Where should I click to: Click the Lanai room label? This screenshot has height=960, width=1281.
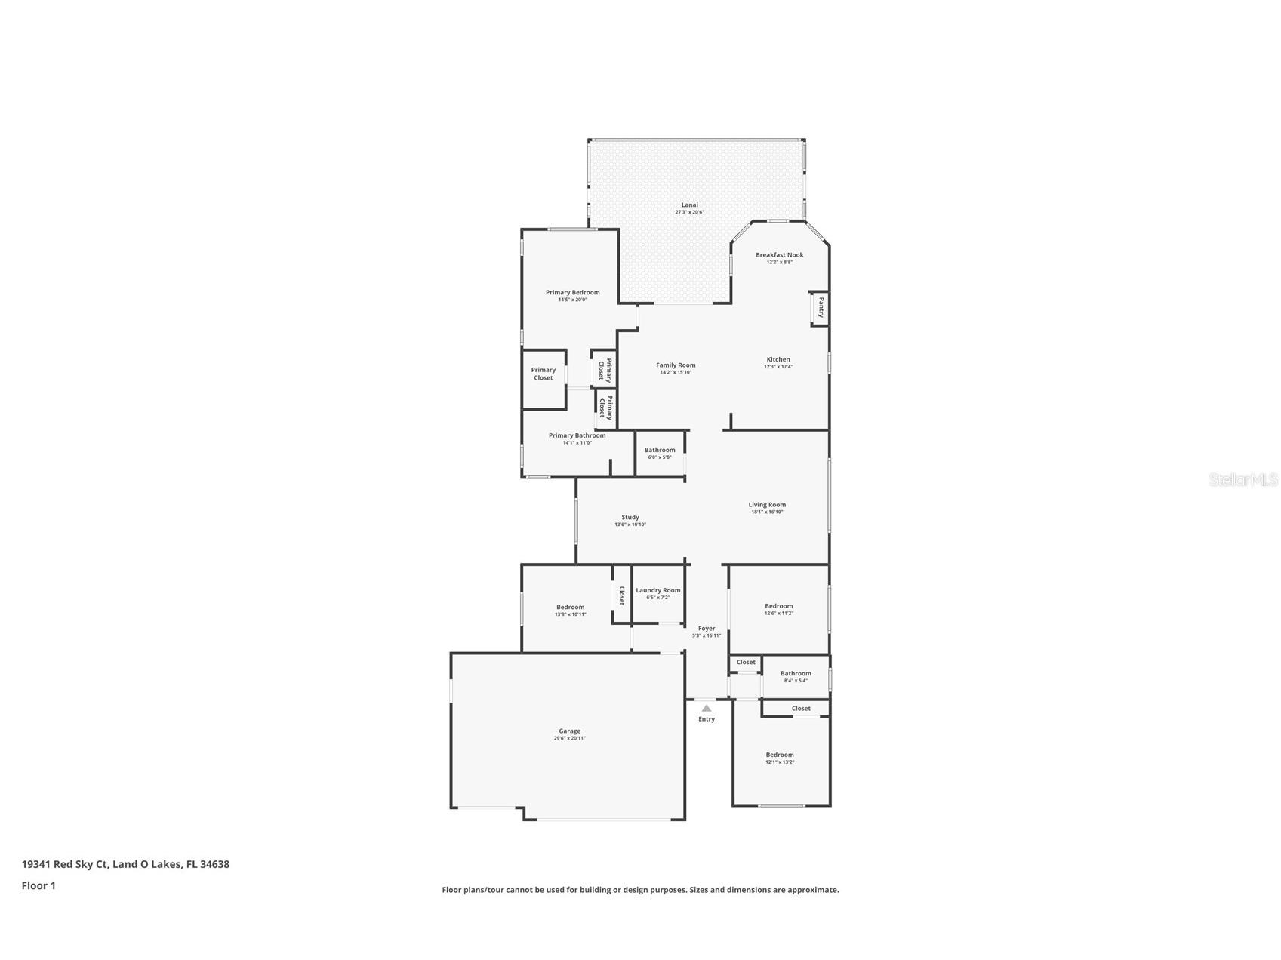coord(689,205)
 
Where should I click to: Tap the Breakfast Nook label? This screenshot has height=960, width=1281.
coord(779,255)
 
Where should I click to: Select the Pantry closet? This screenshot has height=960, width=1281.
coord(820,308)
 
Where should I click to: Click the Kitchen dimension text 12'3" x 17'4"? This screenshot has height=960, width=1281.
coord(778,367)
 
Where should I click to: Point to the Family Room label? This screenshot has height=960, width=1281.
coord(676,365)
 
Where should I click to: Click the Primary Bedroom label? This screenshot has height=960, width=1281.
coord(572,293)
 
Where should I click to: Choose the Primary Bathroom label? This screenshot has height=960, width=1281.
coord(577,435)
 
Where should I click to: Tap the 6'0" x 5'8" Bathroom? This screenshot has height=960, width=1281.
coord(659,453)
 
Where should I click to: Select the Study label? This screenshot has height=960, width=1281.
coord(630,518)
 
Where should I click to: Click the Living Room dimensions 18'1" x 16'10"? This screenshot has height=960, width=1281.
coord(767,512)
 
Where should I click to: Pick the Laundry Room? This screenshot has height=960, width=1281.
coord(657,593)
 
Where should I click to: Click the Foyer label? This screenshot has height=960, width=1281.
coord(706,629)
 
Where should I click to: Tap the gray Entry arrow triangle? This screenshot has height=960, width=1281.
coord(706,709)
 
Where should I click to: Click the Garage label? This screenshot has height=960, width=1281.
coord(569,731)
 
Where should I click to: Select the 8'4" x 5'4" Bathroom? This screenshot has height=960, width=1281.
coord(796,676)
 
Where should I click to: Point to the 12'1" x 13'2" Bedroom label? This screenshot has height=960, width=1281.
coord(780,755)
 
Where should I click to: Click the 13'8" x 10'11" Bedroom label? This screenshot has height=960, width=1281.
coord(570,607)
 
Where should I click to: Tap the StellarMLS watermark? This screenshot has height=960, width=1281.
coord(1243,479)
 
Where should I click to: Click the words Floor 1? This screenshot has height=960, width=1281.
coord(38,885)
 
